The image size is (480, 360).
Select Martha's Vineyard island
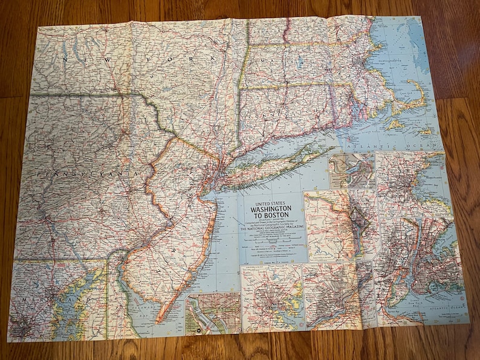396,124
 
